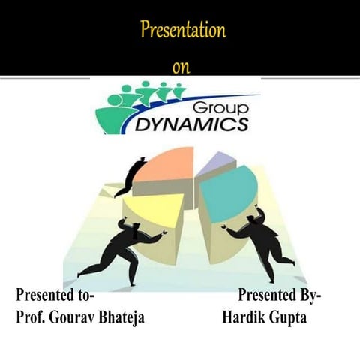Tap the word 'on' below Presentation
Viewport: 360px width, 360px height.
click(x=181, y=67)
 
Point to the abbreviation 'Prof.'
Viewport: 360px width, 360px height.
click(x=31, y=316)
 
